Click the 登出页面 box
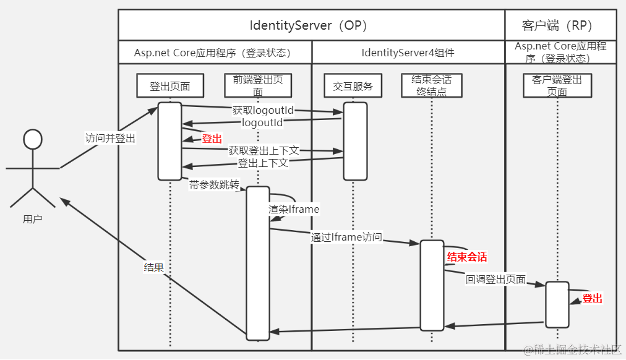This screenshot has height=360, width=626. point(170,85)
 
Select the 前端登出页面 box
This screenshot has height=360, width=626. point(258,85)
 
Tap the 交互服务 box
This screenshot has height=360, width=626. point(353,85)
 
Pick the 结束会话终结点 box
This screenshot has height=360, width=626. point(432,85)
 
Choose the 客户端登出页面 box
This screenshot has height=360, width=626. point(557,85)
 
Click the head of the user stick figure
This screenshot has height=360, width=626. point(33,139)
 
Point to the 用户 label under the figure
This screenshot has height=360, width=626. point(33,219)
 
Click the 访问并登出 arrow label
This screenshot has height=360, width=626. point(110,138)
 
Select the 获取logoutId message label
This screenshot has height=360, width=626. point(263,109)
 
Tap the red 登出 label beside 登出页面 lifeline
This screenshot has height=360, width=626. point(212,139)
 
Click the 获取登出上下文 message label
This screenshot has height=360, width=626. point(264,150)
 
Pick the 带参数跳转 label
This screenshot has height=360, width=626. point(214,185)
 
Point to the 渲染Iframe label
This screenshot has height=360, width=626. point(294,209)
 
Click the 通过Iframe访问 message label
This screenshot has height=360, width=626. point(346,237)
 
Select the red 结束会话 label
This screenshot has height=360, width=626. point(467,257)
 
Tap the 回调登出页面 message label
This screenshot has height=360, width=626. point(496,279)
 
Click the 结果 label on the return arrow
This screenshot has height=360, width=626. point(154,267)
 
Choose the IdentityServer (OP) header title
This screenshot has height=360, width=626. point(308,25)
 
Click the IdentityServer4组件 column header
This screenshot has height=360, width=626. point(408,53)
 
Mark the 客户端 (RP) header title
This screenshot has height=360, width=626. point(557,25)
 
